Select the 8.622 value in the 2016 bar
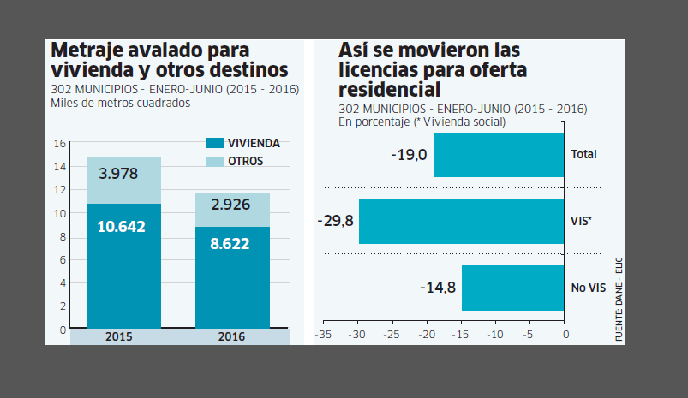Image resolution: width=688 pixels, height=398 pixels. point(231,243)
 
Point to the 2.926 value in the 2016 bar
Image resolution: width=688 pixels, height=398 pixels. point(231,205)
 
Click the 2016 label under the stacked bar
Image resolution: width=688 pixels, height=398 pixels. point(231,337)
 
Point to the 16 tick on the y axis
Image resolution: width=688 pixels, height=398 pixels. point(60,143)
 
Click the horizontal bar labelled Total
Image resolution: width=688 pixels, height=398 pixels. point(499,155)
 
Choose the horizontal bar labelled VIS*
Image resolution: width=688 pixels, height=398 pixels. point(461,221)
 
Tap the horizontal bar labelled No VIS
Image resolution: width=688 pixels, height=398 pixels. point(512,287)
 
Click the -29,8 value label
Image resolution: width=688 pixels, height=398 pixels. point(335,221)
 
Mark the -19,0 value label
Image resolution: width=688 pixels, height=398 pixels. point(409,155)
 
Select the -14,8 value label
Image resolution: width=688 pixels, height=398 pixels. point(438,287)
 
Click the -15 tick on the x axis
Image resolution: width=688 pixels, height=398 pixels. point(460,335)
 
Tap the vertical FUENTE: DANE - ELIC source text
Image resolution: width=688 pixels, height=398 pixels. point(617,300)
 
